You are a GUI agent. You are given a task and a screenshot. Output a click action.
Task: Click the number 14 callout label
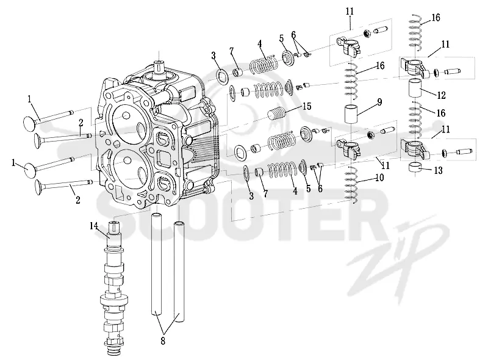(94, 226)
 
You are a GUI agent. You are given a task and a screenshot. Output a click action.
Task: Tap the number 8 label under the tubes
(163, 341)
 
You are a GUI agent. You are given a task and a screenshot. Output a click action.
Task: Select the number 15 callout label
(307, 106)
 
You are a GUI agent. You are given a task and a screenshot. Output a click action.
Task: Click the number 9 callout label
(379, 102)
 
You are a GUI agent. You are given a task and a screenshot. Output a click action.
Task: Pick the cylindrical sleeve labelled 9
(351, 114)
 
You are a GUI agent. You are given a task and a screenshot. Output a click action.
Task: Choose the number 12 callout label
(441, 95)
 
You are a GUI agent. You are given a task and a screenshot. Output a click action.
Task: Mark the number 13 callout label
(438, 170)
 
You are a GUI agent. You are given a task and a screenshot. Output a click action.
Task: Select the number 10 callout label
(379, 178)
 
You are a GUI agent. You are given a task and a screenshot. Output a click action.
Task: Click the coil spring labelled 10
(352, 185)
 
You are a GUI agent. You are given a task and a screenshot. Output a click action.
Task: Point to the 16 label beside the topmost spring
(436, 18)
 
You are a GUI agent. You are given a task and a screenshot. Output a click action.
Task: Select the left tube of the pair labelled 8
(157, 264)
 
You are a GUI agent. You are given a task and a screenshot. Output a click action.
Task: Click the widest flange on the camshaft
(114, 301)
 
